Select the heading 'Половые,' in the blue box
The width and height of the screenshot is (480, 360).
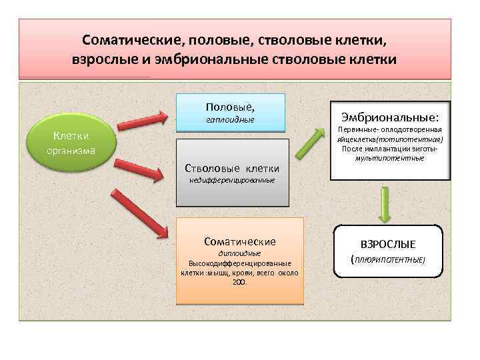click(x=230, y=107)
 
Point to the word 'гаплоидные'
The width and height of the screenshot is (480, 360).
click(x=230, y=120)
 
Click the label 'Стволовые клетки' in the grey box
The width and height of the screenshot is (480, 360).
click(x=231, y=168)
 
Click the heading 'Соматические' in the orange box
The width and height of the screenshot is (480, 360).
click(x=240, y=241)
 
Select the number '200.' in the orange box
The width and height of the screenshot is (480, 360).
click(x=240, y=281)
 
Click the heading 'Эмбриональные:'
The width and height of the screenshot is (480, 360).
click(x=390, y=115)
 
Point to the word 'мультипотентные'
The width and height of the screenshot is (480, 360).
click(x=390, y=158)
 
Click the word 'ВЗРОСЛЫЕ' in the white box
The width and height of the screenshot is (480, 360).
click(x=388, y=244)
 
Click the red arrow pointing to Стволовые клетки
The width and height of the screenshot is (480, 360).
click(x=141, y=169)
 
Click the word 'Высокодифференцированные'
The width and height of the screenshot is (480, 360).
click(x=240, y=263)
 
